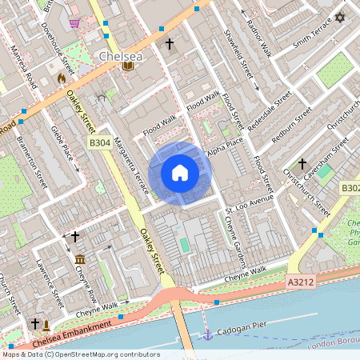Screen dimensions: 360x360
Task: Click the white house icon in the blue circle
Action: (x=180, y=172)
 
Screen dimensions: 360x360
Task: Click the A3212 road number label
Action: (x=300, y=283)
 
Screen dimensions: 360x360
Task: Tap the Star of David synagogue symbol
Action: (x=339, y=17)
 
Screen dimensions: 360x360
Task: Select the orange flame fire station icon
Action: (x=62, y=79)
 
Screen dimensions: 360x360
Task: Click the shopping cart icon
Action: (x=74, y=23)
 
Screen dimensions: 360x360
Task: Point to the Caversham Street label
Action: (x=328, y=154)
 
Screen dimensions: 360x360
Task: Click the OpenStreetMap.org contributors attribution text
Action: (x=103, y=354)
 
